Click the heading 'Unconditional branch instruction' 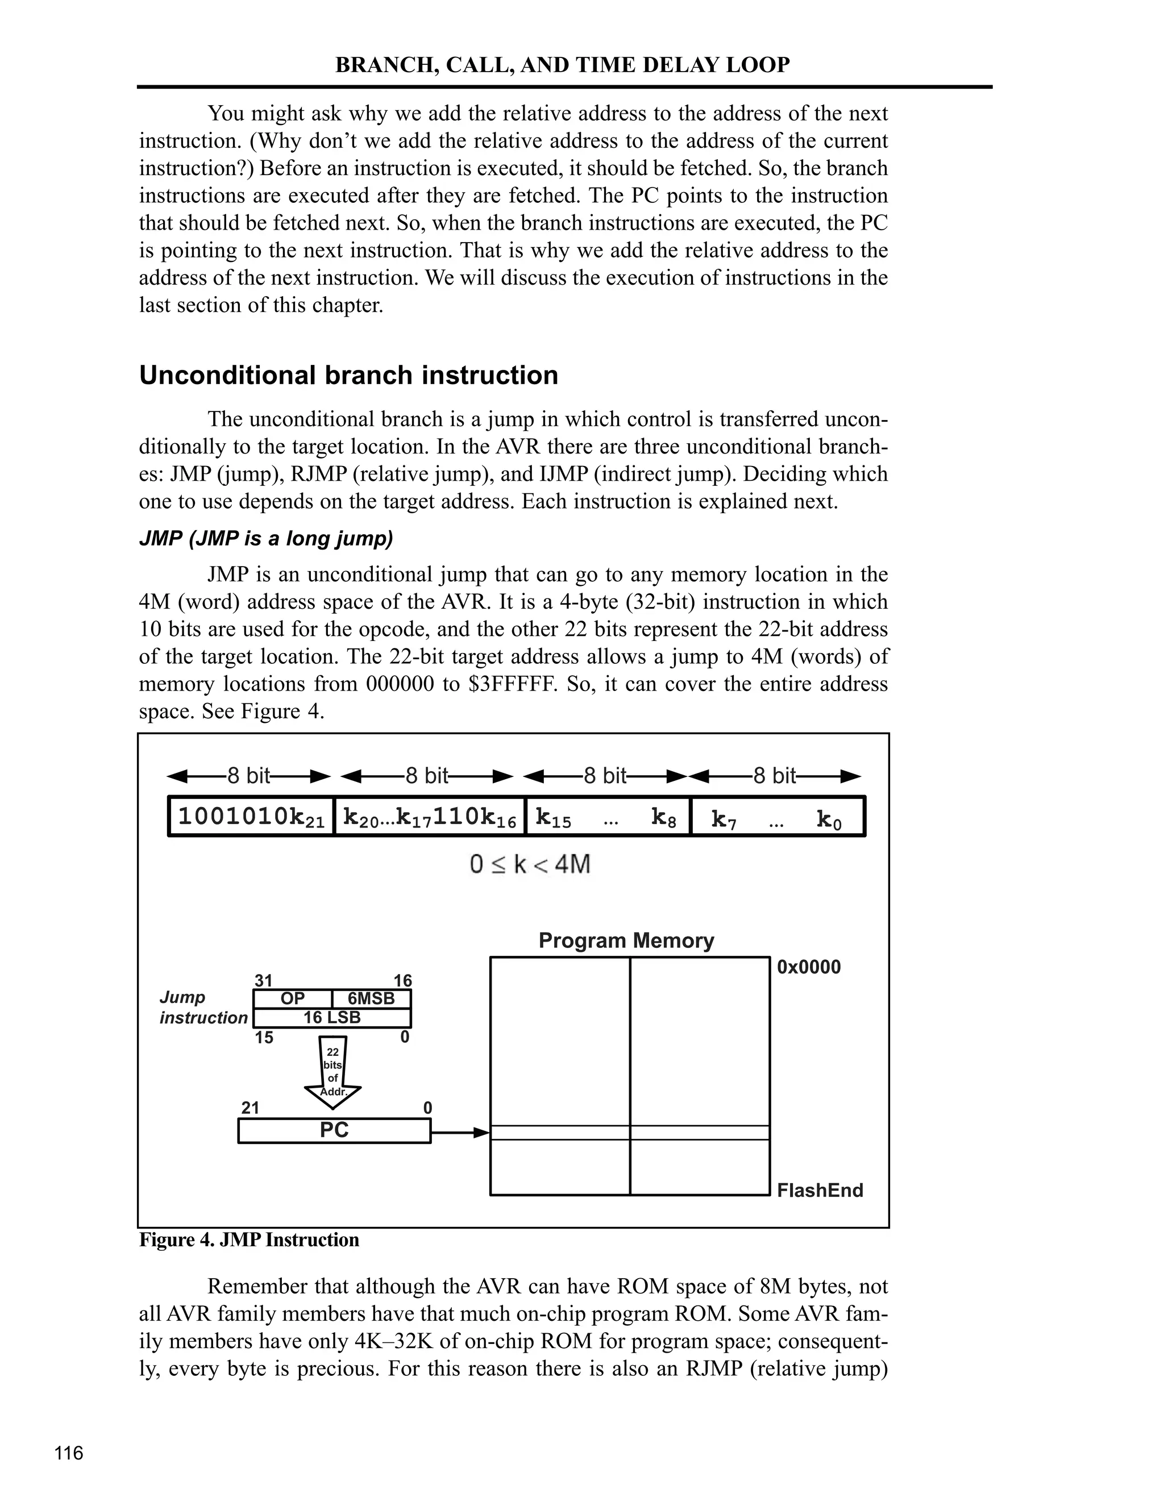348,376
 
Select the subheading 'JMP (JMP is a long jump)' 265,538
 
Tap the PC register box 334,1131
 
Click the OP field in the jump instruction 292,999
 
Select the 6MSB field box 371,999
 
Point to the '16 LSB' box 332,1018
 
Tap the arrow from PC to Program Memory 459,1132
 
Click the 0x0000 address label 808,967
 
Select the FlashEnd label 819,1190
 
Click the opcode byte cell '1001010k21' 251,817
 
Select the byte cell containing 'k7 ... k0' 776,818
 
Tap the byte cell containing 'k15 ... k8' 607,818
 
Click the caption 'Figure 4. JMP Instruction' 249,1240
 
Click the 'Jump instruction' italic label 203,1008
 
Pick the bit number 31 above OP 263,980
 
